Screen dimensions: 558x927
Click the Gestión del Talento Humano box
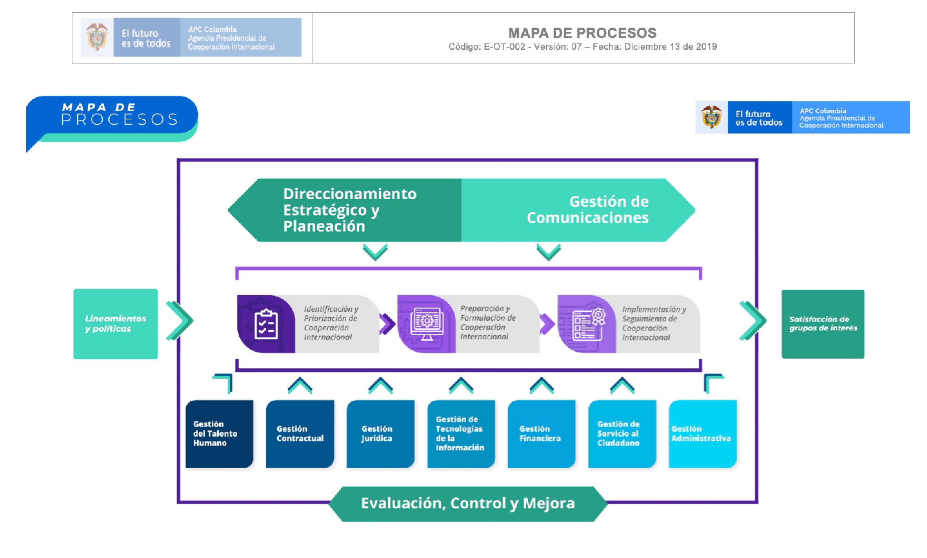click(x=219, y=434)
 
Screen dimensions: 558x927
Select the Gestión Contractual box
click(x=300, y=434)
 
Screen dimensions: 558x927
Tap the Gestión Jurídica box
click(x=380, y=434)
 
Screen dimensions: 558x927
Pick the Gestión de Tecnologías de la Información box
click(x=460, y=434)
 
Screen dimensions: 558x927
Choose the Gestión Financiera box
click(x=541, y=434)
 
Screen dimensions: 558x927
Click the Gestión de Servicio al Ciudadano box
click(x=622, y=434)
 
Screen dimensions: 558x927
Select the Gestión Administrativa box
click(x=702, y=434)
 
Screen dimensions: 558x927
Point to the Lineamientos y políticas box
click(x=115, y=324)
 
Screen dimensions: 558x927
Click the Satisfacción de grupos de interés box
click(x=823, y=324)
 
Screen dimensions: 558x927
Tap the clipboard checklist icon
click(x=266, y=324)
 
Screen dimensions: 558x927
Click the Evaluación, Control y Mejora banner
click(x=468, y=504)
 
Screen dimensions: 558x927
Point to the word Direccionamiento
click(x=350, y=194)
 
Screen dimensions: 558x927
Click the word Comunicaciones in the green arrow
click(x=587, y=218)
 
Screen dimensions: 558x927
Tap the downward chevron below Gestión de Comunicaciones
click(x=548, y=252)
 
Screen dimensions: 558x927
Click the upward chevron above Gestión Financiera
click(x=541, y=386)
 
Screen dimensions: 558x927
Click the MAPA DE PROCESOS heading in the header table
click(x=582, y=33)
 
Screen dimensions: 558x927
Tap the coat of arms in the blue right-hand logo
click(x=711, y=117)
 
